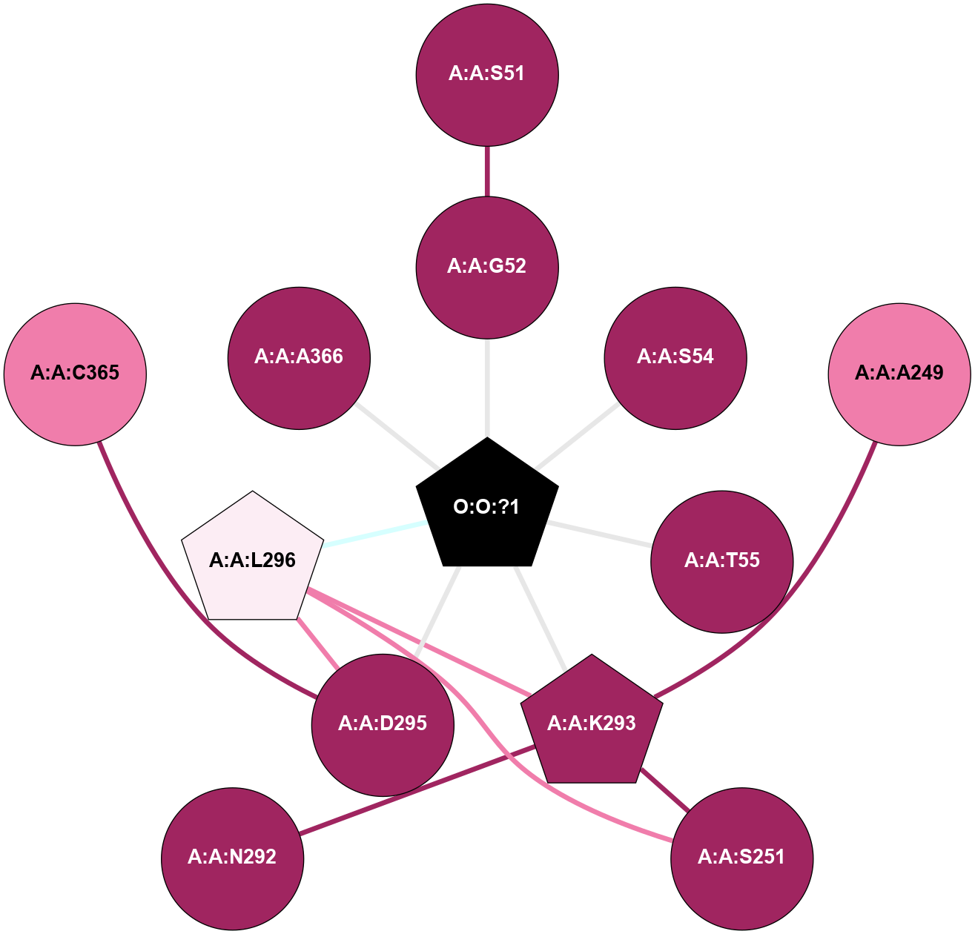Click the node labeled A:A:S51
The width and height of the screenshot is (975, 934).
[487, 74]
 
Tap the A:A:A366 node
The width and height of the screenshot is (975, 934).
[299, 357]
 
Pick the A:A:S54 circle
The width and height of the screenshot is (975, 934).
[675, 357]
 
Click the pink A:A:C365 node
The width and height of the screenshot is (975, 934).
[75, 373]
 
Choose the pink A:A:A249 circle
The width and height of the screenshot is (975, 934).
[899, 373]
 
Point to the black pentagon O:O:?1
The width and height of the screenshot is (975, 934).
[487, 508]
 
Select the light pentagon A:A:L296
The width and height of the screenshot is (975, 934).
[253, 560]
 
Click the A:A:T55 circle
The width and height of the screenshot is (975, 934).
[722, 561]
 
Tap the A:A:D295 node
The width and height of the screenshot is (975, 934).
[383, 724]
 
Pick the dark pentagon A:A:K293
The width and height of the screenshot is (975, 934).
[592, 723]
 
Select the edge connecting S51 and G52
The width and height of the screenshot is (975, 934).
[487, 170]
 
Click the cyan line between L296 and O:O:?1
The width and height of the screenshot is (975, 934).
[374, 534]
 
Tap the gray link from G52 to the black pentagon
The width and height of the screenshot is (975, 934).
[487, 385]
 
